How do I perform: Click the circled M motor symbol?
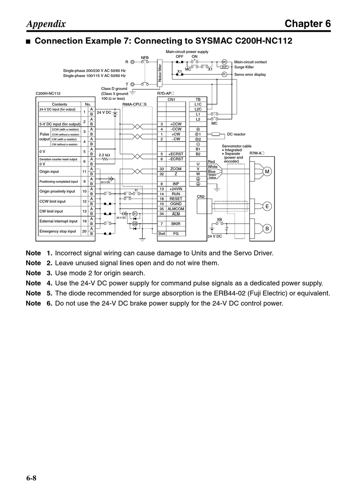click(267, 172)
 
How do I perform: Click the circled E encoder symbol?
click(267, 206)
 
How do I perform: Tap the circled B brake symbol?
click(267, 228)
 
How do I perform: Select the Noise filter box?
click(160, 72)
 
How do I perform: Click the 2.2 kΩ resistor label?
click(104, 155)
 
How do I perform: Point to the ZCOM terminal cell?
click(176, 169)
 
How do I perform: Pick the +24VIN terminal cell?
click(176, 189)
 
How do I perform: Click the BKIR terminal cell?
click(176, 224)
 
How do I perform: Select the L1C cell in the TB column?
click(198, 104)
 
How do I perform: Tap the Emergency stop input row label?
click(58, 231)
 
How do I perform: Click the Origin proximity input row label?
click(57, 191)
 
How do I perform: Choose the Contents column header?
click(59, 104)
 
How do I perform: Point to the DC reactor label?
click(236, 134)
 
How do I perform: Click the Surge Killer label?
click(244, 67)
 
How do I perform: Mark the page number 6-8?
click(31, 478)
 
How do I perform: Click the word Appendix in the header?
click(46, 24)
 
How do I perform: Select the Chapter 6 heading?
click(308, 24)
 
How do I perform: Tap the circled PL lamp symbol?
click(224, 74)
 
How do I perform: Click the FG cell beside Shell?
click(176, 234)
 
